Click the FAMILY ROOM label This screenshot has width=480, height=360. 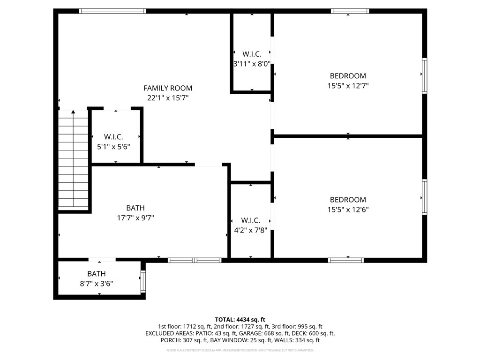[167, 88]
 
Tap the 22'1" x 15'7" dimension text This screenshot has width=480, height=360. [167, 98]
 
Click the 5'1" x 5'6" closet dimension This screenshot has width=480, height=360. [113, 147]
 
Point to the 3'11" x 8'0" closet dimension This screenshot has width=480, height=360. [252, 64]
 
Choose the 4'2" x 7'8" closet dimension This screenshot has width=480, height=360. [250, 230]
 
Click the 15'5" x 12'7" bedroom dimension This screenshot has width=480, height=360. [348, 86]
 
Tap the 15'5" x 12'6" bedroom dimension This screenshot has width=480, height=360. [348, 210]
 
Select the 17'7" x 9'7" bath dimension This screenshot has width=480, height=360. [135, 218]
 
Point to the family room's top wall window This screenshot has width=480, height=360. [112, 11]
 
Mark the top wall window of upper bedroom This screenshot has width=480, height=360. [350, 11]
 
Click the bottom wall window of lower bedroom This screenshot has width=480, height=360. [346, 260]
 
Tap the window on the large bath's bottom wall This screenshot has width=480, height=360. [195, 260]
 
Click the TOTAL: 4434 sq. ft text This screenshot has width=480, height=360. [240, 319]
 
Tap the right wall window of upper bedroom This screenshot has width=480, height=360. [425, 75]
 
